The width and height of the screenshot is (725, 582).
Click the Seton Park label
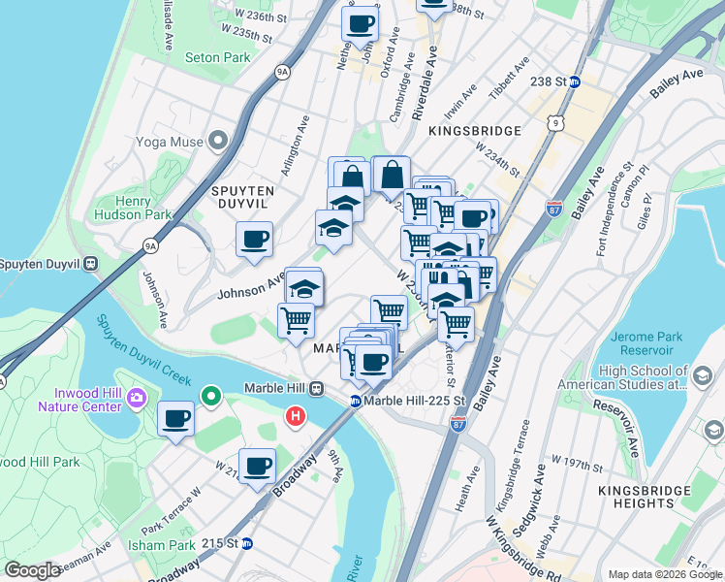[x=218, y=58]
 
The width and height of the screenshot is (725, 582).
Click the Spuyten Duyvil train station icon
[x=90, y=263]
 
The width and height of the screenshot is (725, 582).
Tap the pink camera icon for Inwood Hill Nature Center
[x=137, y=398]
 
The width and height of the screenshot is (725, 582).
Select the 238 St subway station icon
[x=574, y=82]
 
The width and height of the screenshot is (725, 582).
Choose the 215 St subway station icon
[x=247, y=543]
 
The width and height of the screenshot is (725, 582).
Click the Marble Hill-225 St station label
[x=415, y=401]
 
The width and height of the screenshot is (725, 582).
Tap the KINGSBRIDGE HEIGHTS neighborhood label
[x=648, y=498]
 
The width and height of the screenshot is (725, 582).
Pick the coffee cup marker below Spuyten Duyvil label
[x=254, y=239]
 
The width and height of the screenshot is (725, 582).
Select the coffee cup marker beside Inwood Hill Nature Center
[x=175, y=418]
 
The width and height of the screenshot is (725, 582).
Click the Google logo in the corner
[x=33, y=571]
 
